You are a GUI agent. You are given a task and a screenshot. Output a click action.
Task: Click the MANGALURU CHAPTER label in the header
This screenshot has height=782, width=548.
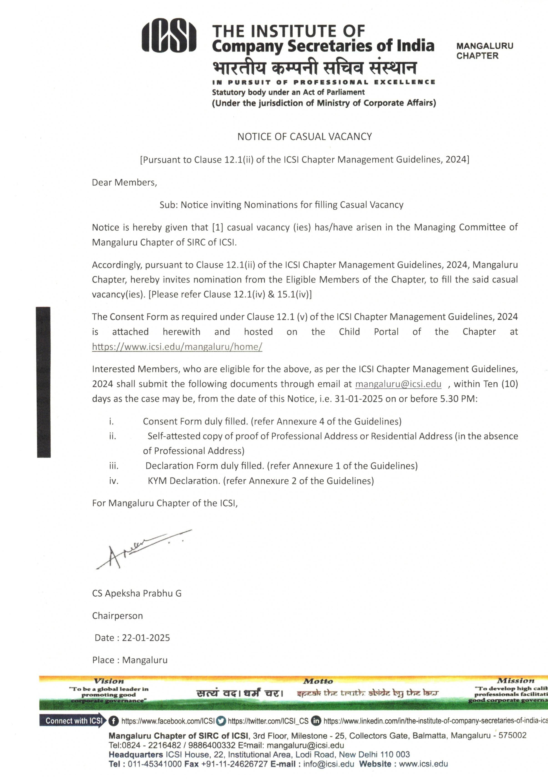tap(484, 51)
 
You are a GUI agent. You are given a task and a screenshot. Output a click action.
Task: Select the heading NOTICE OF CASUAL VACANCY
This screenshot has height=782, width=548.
tap(304, 137)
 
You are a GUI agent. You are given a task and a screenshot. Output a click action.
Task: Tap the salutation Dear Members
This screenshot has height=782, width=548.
tap(124, 182)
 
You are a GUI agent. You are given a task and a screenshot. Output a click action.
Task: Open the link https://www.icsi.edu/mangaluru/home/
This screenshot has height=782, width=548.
tap(177, 347)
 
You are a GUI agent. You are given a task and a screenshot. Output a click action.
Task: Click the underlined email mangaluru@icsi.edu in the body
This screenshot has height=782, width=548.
tap(398, 384)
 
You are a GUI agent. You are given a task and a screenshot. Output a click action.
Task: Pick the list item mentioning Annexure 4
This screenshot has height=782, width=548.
tap(272, 422)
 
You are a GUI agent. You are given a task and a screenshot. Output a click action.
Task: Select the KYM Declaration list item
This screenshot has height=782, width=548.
tap(260, 481)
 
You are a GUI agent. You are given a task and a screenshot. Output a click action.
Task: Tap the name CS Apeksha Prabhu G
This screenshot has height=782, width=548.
tap(136, 593)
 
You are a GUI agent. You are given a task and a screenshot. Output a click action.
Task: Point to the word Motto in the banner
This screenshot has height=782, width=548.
tap(318, 681)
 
